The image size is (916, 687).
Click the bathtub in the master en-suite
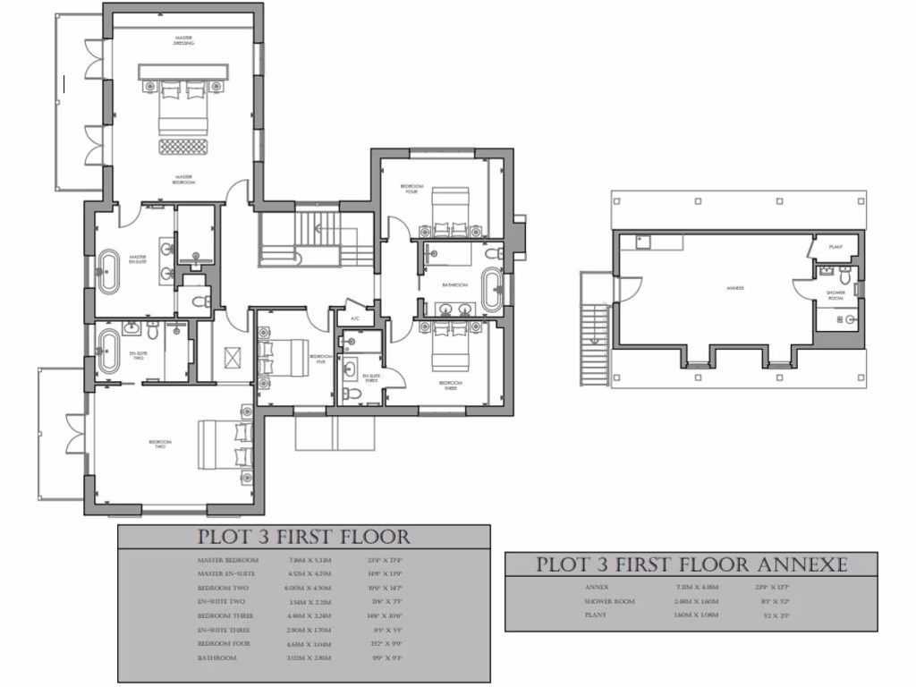point(108,272)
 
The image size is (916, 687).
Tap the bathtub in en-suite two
point(108,352)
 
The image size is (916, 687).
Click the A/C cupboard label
point(354,318)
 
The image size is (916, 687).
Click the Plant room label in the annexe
point(835,246)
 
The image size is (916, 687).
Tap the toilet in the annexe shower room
point(847,318)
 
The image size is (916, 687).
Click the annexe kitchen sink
point(642,241)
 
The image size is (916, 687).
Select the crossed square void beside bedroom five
point(233,357)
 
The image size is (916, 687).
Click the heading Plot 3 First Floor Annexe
point(691,565)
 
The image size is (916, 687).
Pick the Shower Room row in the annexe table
point(610,602)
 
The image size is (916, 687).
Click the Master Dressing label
point(184,39)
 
